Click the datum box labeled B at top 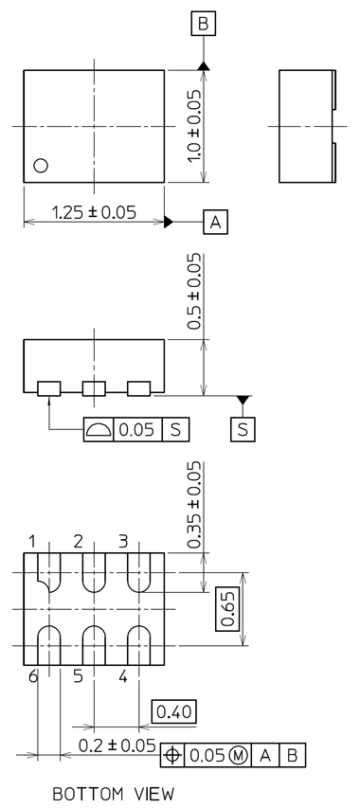[204, 24]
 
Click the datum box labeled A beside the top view [215, 223]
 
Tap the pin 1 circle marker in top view [40, 166]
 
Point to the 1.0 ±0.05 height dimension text [193, 127]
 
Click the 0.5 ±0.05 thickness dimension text [193, 291]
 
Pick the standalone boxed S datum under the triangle [243, 429]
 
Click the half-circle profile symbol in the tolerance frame [99, 429]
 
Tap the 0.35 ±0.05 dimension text [193, 505]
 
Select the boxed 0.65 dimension [227, 608]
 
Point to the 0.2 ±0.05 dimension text [117, 745]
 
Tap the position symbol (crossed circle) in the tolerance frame [172, 755]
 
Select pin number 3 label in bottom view [123, 541]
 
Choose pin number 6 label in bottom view [32, 675]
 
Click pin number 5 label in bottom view [78, 675]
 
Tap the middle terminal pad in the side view [94, 388]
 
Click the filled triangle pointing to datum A [170, 223]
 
